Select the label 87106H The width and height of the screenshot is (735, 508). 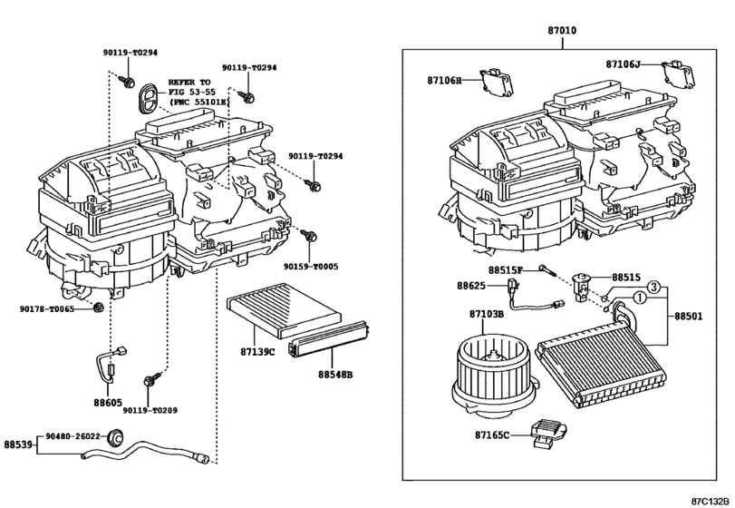(x=445, y=81)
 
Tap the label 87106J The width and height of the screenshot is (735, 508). (x=624, y=63)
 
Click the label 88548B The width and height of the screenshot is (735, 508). (x=334, y=374)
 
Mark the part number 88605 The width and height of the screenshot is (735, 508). (x=107, y=400)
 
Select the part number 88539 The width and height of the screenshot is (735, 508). (x=18, y=444)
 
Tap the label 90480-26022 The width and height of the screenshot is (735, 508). (x=73, y=435)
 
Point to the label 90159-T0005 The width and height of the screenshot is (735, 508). (x=310, y=267)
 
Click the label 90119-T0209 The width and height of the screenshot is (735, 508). (x=150, y=410)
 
